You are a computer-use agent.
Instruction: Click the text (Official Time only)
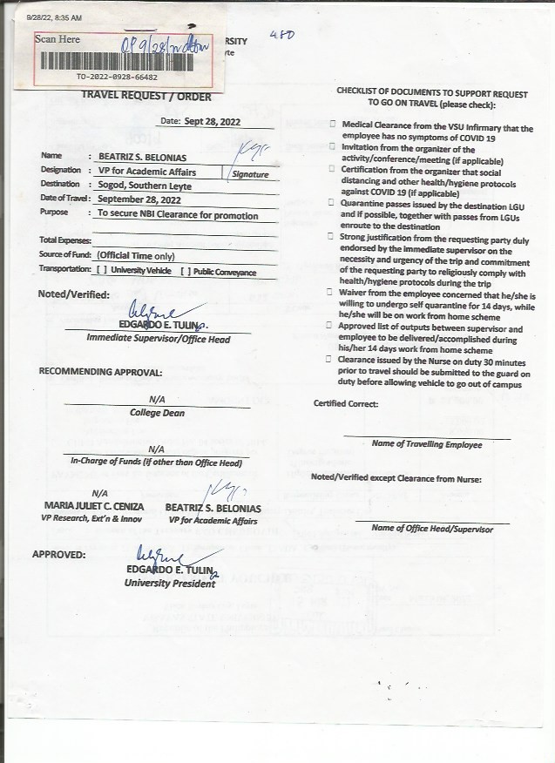[x=136, y=256]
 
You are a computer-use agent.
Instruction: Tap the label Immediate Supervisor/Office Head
[x=158, y=339]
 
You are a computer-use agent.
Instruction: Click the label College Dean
[x=157, y=413]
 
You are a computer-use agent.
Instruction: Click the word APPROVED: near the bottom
[x=58, y=554]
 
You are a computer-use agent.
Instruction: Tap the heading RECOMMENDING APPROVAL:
[x=100, y=372]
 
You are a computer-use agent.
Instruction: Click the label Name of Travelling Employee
[x=426, y=444]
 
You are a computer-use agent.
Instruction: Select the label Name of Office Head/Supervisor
[x=431, y=529]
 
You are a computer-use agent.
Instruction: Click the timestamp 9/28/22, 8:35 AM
[x=54, y=17]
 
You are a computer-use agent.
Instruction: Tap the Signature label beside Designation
[x=249, y=174]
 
